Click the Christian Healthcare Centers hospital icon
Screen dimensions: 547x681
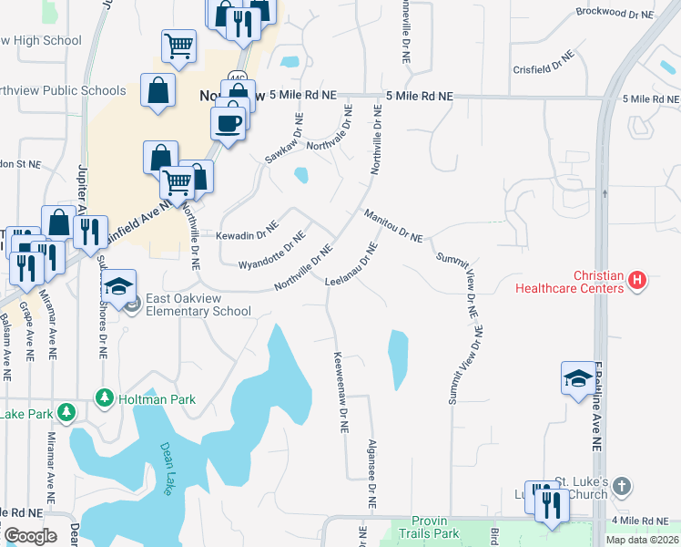click(x=637, y=281)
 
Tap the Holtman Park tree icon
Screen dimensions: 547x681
click(x=105, y=398)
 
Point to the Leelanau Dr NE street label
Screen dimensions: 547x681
click(x=351, y=263)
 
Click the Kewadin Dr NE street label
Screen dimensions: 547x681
click(x=247, y=233)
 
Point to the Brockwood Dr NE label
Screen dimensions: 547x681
click(x=615, y=14)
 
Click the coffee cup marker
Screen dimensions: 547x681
click(x=229, y=123)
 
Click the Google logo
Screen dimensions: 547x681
click(x=30, y=535)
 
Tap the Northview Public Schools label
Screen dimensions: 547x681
click(x=63, y=90)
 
